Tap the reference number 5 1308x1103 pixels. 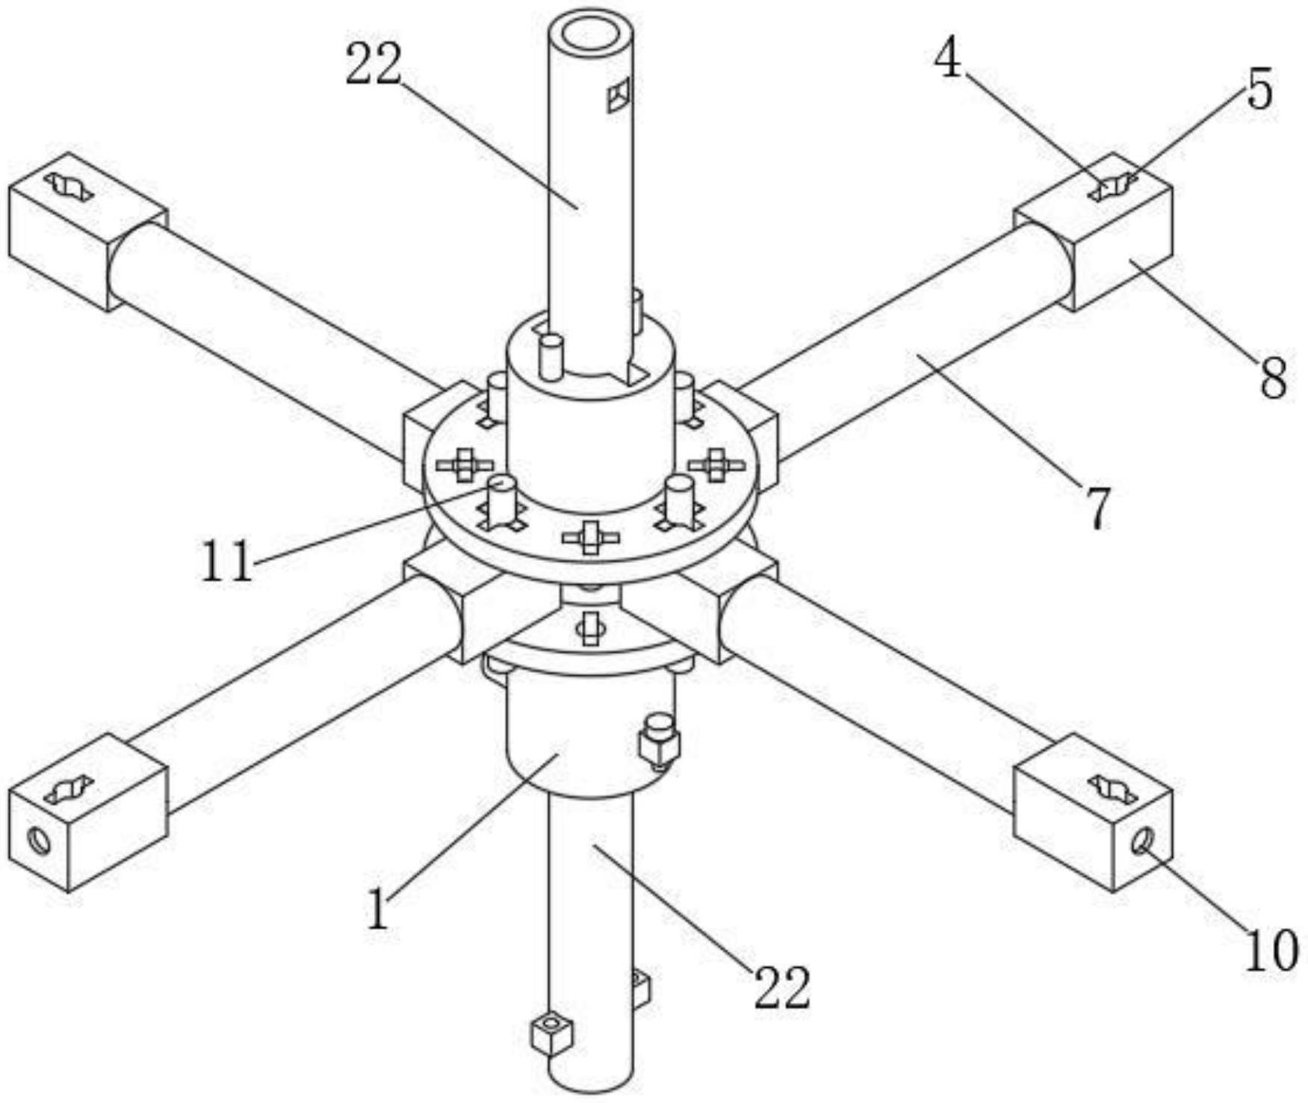(x=1259, y=90)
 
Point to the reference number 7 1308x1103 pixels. (x=1097, y=508)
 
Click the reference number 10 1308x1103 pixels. (x=1271, y=951)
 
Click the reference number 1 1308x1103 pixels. (x=379, y=909)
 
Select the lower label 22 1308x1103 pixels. (x=781, y=987)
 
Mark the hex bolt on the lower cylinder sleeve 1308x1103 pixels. (x=659, y=740)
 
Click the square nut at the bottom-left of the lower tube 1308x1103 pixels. (x=552, y=1034)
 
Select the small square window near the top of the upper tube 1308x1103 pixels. (x=619, y=95)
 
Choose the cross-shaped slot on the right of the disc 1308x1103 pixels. (x=716, y=464)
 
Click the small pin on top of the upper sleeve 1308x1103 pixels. (x=551, y=355)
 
